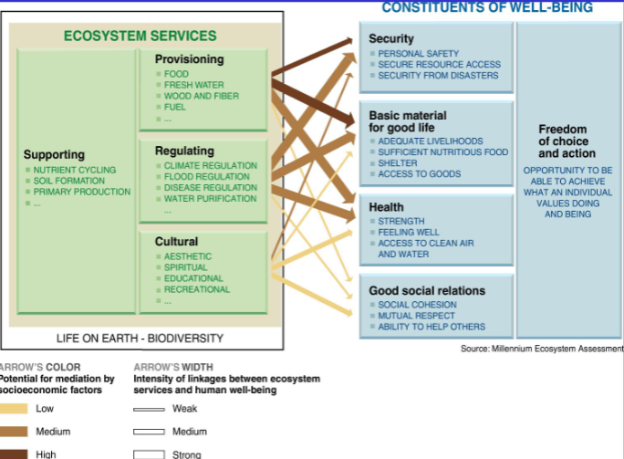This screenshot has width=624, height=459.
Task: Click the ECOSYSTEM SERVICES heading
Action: pos(140,37)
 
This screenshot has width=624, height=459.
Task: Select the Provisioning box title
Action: pos(189,59)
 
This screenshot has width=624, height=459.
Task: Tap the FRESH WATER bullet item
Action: pos(193,85)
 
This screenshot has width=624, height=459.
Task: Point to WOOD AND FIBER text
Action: pos(202,96)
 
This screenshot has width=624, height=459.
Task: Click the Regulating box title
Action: pos(184,151)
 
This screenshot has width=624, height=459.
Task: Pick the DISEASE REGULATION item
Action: pos(210,188)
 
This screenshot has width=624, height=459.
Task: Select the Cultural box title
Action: pos(176,242)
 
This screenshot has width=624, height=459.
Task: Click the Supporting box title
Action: pos(54,155)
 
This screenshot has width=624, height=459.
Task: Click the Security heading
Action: pos(391,39)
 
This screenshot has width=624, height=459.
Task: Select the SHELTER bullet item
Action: pos(398,163)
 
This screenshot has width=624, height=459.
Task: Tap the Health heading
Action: pos(386,207)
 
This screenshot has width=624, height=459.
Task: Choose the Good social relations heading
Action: pos(427,291)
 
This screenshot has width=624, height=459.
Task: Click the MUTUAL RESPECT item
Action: pos(416,316)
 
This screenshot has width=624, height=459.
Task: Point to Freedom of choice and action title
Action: pos(562,141)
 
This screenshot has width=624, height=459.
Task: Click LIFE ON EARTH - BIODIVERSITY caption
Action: pos(140,339)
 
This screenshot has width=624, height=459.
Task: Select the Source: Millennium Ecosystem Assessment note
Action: pos(542,349)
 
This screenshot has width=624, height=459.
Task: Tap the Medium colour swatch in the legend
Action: pos(15,432)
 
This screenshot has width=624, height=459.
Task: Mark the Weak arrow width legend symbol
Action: pos(149,409)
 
